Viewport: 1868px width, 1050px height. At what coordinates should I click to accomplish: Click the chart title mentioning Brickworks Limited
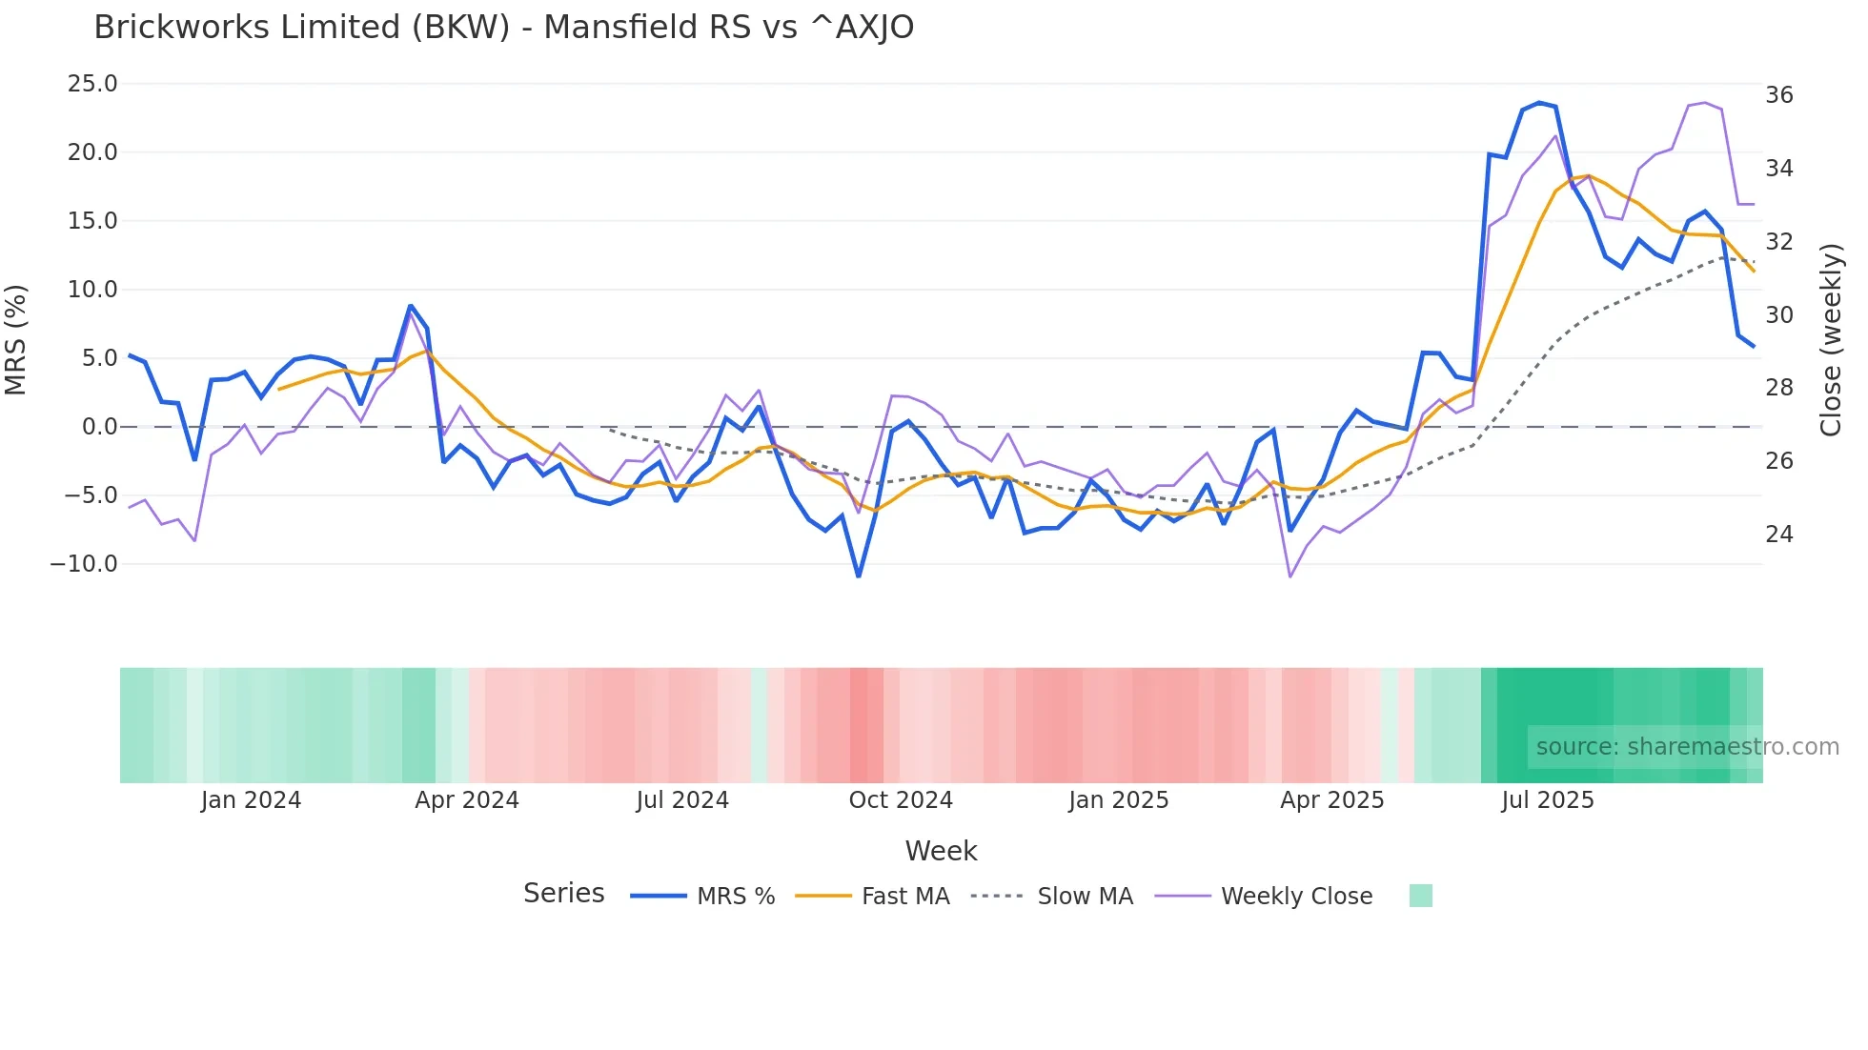(x=503, y=28)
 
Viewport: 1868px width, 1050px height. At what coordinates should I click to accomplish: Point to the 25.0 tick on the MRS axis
(x=92, y=84)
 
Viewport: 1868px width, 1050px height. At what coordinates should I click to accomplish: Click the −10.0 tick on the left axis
(x=84, y=564)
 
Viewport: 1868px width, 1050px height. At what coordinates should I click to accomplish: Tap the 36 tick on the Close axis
(x=1778, y=95)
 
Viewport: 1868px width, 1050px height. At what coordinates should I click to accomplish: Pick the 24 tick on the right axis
(x=1778, y=535)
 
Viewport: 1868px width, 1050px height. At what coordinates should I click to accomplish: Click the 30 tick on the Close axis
(x=1778, y=315)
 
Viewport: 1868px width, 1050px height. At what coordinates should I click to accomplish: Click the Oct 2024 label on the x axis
(x=901, y=800)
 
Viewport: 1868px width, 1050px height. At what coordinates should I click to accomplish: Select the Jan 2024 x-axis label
(x=251, y=800)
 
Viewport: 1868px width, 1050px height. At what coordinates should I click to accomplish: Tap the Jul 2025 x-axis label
(x=1548, y=800)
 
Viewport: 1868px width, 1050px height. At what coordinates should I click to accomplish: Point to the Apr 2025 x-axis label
(x=1331, y=800)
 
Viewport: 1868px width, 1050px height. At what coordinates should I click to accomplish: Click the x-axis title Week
(x=941, y=851)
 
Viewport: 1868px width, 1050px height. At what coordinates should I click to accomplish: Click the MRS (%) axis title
(x=16, y=340)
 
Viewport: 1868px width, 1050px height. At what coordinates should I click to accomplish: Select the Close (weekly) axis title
(x=1831, y=340)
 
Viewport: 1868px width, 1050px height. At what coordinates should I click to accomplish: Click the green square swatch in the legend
(x=1420, y=896)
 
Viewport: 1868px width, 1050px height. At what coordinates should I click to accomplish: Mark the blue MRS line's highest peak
(x=1539, y=103)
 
